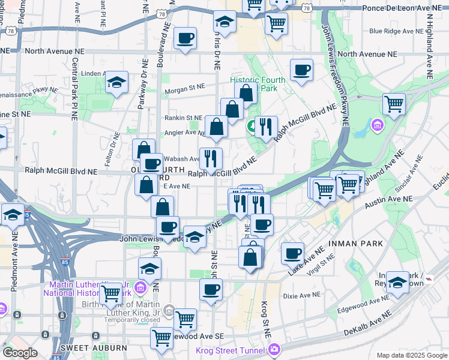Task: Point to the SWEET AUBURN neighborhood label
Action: pos(93,348)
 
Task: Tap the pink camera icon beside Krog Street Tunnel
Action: pos(274,349)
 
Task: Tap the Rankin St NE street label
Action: pos(183,118)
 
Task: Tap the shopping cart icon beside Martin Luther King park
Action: pos(110,294)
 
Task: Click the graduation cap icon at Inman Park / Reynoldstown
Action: pos(397,283)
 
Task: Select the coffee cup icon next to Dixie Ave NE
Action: pos(211,290)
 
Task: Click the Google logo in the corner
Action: pos(19,353)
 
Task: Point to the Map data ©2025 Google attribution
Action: pos(412,355)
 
